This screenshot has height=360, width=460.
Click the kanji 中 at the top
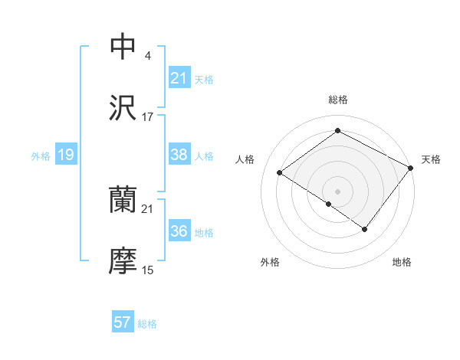[123, 47]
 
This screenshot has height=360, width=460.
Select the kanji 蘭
[123, 200]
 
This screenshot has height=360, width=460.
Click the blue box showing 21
[179, 78]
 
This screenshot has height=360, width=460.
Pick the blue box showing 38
[179, 155]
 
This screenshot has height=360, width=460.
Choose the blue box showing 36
[179, 231]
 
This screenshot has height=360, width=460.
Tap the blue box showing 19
[65, 155]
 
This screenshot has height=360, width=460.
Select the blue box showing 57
[123, 322]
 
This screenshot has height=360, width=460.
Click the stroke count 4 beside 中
[147, 56]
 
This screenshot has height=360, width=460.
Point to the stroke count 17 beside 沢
[148, 117]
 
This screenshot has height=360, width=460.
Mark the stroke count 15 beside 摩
[148, 270]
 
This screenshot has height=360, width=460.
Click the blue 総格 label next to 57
[147, 324]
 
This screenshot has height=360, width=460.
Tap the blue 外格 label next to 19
[41, 156]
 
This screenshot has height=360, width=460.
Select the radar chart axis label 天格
[431, 159]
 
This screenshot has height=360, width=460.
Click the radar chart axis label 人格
[245, 159]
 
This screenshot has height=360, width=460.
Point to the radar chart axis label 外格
[269, 262]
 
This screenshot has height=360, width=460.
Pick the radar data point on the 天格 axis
[410, 168]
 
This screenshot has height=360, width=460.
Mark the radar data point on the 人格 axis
[280, 173]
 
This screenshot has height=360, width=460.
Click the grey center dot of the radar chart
[337, 191]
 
